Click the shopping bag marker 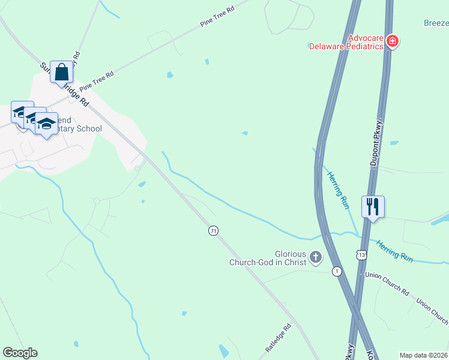coord(61,72)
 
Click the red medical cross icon coord(393,41)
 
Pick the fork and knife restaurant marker coord(373,207)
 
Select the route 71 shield coord(213,230)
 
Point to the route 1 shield coord(338,271)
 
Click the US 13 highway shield coord(361,256)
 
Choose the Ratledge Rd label coord(278,338)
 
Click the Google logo coord(20,353)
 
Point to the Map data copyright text coord(423,355)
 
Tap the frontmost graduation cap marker coord(46,124)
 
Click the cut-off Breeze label coord(436,23)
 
